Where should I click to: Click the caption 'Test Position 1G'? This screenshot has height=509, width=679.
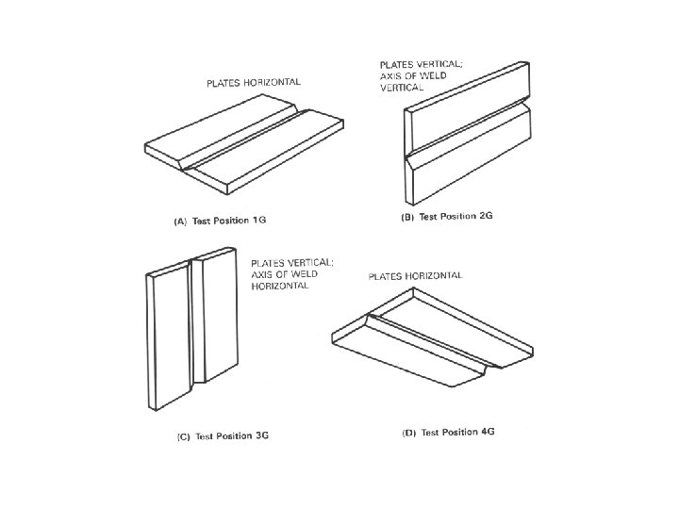[229, 221]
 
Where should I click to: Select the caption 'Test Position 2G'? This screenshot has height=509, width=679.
[456, 216]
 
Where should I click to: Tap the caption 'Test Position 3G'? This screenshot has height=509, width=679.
[232, 435]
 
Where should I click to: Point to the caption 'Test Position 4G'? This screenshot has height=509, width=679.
[457, 432]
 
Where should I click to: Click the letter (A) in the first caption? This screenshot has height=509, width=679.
[180, 222]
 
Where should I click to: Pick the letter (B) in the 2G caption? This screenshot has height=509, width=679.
[407, 217]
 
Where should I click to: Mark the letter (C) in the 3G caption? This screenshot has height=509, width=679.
[184, 436]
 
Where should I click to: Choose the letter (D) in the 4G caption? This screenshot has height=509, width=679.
[409, 433]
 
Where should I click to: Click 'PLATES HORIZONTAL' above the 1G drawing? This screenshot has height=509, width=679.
[254, 82]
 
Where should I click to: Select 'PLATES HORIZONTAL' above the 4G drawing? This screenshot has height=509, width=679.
[415, 275]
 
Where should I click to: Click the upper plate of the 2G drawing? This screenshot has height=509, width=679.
[468, 106]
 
